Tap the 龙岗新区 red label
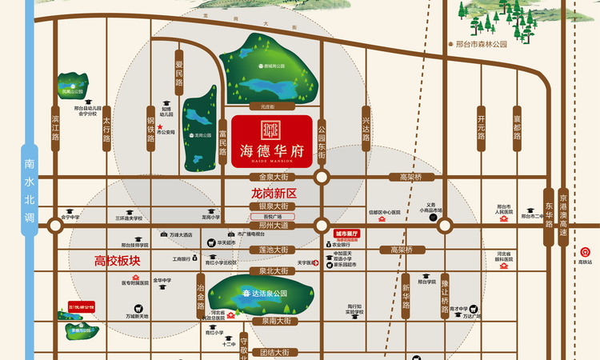[274, 194]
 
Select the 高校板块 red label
[118, 260]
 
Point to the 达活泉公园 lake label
[264, 294]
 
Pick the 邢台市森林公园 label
[481, 45]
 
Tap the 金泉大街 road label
[274, 177]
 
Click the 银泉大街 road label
[274, 206]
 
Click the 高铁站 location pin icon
[582, 251]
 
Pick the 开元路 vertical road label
[481, 123]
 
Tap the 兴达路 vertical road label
[366, 126]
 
